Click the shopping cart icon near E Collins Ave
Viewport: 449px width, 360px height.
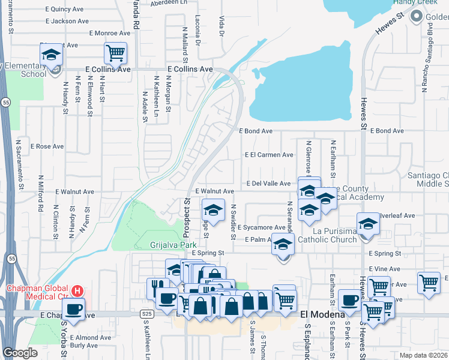click(115, 52)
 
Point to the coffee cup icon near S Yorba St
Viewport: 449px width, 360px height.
click(73, 309)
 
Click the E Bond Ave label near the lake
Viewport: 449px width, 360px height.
click(256, 131)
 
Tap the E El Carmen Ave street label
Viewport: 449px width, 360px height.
click(269, 155)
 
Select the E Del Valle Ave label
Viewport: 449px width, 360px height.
click(268, 184)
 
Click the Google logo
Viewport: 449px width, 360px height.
click(20, 353)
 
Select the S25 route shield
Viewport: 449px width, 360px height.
click(147, 314)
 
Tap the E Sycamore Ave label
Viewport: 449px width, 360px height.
click(261, 228)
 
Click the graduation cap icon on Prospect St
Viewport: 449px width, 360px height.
click(212, 210)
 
